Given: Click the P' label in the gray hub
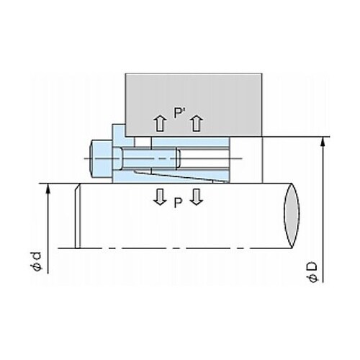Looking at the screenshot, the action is pyautogui.click(x=178, y=113).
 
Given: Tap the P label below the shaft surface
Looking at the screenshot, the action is pyautogui.click(x=178, y=203).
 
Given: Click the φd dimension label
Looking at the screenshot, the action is pyautogui.click(x=37, y=261).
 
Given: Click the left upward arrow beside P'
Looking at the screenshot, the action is pyautogui.click(x=160, y=123).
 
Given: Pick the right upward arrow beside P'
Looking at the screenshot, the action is pyautogui.click(x=197, y=123).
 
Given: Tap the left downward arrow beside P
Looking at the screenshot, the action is pyautogui.click(x=160, y=197).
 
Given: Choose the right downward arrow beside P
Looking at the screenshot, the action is pyautogui.click(x=197, y=197).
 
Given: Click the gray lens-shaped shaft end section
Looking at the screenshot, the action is pyautogui.click(x=292, y=215).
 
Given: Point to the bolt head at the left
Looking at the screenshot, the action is pyautogui.click(x=101, y=158).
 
